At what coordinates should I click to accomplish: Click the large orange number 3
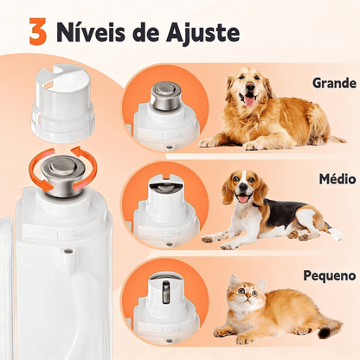coord(37,32)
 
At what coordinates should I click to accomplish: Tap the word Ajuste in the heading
coord(204,34)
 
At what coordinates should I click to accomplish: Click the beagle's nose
coord(236,193)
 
